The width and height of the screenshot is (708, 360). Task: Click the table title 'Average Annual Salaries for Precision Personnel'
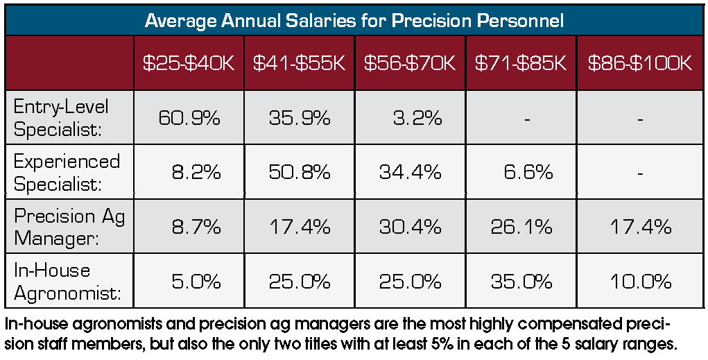pyautogui.click(x=354, y=20)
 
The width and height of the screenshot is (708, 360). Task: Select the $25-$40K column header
pyautogui.click(x=189, y=63)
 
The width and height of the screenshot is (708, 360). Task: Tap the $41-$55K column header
pyautogui.click(x=299, y=63)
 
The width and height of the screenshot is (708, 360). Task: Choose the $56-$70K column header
pyautogui.click(x=410, y=63)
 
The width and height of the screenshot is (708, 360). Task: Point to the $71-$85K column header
pyautogui.click(x=521, y=63)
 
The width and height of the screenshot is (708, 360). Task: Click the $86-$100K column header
pyautogui.click(x=640, y=63)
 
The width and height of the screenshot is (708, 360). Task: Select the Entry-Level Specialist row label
pyautogui.click(x=62, y=117)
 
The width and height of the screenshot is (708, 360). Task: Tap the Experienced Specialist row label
pyautogui.click(x=67, y=172)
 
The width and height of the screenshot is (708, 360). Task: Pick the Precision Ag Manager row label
pyautogui.click(x=69, y=226)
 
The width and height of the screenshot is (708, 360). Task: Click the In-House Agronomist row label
pyautogui.click(x=67, y=281)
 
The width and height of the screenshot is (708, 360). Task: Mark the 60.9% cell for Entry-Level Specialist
pyautogui.click(x=189, y=118)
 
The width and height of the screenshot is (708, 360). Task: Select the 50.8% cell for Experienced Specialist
pyautogui.click(x=299, y=172)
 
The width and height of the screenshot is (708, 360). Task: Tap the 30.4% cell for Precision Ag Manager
pyautogui.click(x=410, y=226)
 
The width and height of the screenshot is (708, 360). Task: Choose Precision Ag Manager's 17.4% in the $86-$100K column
pyautogui.click(x=640, y=226)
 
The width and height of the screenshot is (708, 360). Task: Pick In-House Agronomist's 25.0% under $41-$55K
pyautogui.click(x=299, y=282)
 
